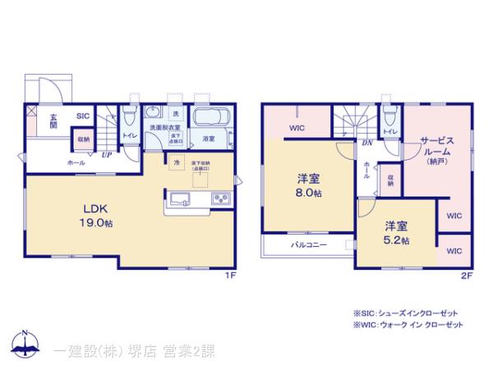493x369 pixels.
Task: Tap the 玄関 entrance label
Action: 51,121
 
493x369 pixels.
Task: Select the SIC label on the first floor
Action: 83,116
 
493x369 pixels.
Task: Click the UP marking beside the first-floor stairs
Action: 106,154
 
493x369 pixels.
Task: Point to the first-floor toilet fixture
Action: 129,115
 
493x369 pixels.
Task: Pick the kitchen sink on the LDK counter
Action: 181,198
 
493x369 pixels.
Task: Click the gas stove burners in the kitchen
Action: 221,198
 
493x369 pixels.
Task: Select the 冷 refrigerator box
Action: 177,164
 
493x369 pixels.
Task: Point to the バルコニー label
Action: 309,245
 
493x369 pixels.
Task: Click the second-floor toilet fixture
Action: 390,116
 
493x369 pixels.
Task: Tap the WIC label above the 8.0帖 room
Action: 297,129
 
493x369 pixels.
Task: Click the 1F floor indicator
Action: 232,277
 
